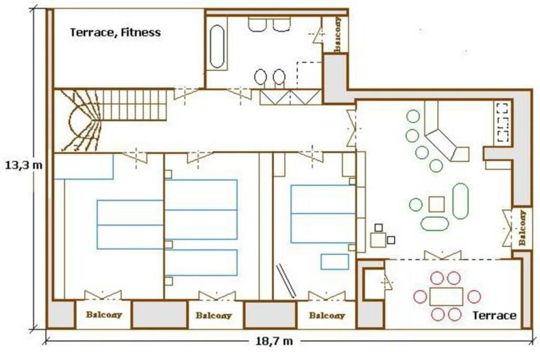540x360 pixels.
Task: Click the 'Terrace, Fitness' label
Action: tap(115, 33)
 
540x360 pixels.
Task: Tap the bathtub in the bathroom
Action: tap(217, 46)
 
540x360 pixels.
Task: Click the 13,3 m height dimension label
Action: tap(24, 165)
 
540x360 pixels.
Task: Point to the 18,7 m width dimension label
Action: tap(274, 341)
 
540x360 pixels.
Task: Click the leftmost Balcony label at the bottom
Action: tap(104, 315)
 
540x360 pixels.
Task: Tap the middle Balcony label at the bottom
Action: tap(214, 315)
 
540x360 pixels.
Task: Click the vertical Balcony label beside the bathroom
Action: tap(339, 34)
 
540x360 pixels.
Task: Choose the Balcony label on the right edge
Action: tap(523, 228)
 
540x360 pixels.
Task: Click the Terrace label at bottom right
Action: tap(495, 316)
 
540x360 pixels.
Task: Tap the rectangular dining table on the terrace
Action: tap(446, 297)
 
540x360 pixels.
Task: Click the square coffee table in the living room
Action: tap(436, 204)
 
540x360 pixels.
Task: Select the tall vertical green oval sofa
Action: tap(460, 201)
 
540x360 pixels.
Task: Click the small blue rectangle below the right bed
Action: tap(334, 261)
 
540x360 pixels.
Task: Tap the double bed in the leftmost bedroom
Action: tap(130, 225)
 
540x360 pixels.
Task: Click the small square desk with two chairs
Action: tap(378, 239)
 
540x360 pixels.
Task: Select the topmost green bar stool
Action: tap(413, 116)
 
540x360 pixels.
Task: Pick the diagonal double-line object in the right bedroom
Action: tap(286, 281)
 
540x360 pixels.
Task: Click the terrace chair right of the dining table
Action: tap(474, 297)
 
